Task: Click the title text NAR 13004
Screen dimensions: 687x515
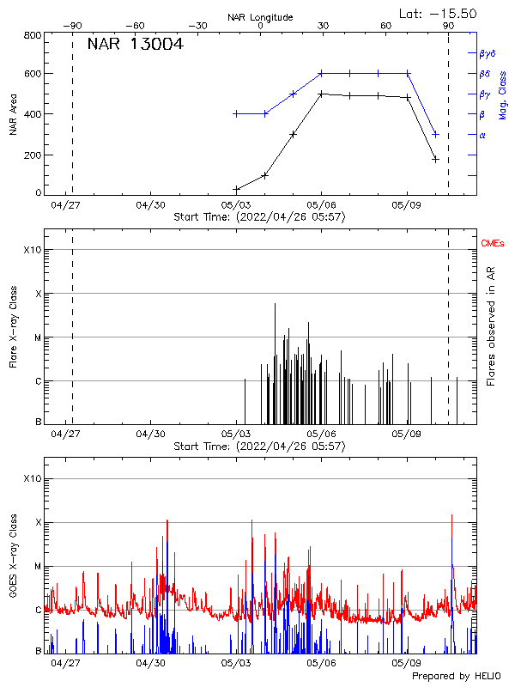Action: coord(135,45)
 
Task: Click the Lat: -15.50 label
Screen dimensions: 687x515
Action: coord(439,13)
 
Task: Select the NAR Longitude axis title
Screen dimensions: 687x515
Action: coord(260,17)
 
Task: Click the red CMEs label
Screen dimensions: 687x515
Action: coord(493,245)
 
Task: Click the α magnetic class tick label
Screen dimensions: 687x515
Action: coord(482,135)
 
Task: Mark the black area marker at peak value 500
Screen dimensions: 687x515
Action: coord(321,94)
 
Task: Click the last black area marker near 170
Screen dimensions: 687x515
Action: coord(435,159)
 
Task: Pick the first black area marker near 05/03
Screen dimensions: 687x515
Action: coord(236,189)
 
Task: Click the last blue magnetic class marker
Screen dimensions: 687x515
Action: coord(435,134)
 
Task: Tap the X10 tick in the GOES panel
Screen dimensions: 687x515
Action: coord(31,478)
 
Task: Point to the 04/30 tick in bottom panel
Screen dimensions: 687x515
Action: coord(151,663)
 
